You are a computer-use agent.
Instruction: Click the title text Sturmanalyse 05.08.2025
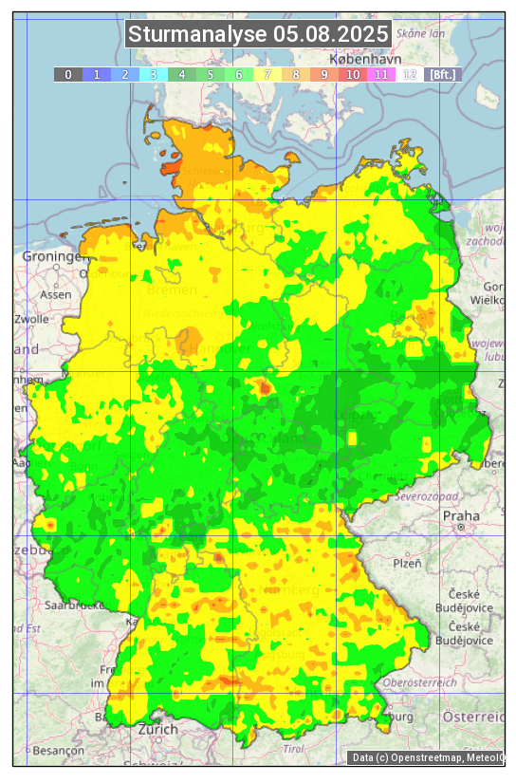pyautogui.click(x=258, y=35)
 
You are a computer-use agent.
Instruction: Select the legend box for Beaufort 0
pyautogui.click(x=67, y=74)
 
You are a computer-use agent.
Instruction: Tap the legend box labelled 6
pyautogui.click(x=238, y=74)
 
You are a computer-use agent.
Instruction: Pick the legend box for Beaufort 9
pyautogui.click(x=323, y=74)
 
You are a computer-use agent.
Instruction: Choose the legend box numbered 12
pyautogui.click(x=409, y=74)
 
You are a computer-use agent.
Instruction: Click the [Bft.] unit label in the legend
pyautogui.click(x=442, y=74)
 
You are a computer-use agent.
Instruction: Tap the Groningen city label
pyautogui.click(x=50, y=257)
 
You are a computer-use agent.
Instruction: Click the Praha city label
pyautogui.click(x=460, y=515)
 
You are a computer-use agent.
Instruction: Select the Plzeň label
pyautogui.click(x=406, y=564)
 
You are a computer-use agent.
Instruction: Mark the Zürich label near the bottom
pyautogui.click(x=157, y=729)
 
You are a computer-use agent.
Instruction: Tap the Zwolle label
pyautogui.click(x=30, y=319)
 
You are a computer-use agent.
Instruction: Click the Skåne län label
pyautogui.click(x=420, y=33)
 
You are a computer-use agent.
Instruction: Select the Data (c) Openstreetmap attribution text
pyautogui.click(x=427, y=757)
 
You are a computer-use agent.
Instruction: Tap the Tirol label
pyautogui.click(x=294, y=749)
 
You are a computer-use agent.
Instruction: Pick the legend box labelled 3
pyautogui.click(x=153, y=74)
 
